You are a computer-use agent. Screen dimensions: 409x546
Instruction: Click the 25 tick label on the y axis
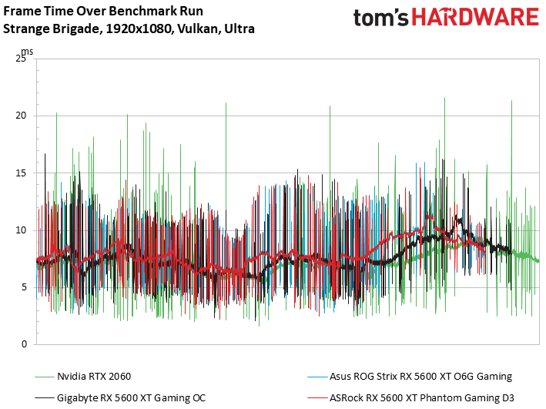[x=22, y=59]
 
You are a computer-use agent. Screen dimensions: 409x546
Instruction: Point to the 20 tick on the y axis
[x=22, y=116]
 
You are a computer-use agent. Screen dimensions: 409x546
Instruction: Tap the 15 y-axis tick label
[x=22, y=173]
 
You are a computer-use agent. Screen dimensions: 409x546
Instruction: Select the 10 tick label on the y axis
[x=22, y=230]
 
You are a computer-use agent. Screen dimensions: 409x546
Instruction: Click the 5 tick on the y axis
[x=25, y=287]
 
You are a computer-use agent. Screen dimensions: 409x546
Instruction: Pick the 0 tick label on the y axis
[x=25, y=344]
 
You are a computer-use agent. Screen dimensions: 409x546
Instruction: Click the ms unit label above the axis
[x=27, y=51]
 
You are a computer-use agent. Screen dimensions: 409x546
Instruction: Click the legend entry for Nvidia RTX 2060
[x=94, y=377]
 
